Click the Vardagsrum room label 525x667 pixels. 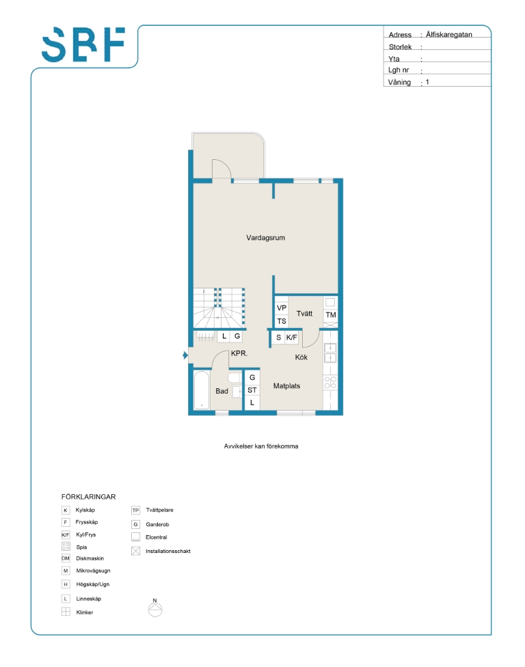[265, 238]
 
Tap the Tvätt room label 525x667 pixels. [304, 314]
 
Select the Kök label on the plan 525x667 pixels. [301, 357]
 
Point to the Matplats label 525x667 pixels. [286, 386]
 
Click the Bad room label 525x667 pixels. [221, 391]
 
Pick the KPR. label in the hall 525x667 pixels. [239, 353]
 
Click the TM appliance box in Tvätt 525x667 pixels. [331, 315]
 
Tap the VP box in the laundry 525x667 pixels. [282, 308]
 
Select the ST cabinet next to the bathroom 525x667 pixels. [252, 390]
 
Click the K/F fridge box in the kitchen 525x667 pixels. [291, 338]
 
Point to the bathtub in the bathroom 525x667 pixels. [202, 390]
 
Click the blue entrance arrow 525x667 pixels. [185, 355]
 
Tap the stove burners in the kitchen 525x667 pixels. [330, 382]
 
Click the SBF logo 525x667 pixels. [83, 44]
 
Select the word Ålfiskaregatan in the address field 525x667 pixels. [449, 34]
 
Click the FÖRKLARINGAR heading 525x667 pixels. [88, 496]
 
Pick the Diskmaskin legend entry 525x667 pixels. [83, 558]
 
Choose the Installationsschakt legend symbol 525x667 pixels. [136, 552]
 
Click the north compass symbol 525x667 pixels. [155, 608]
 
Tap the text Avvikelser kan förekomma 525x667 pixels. [261, 446]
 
